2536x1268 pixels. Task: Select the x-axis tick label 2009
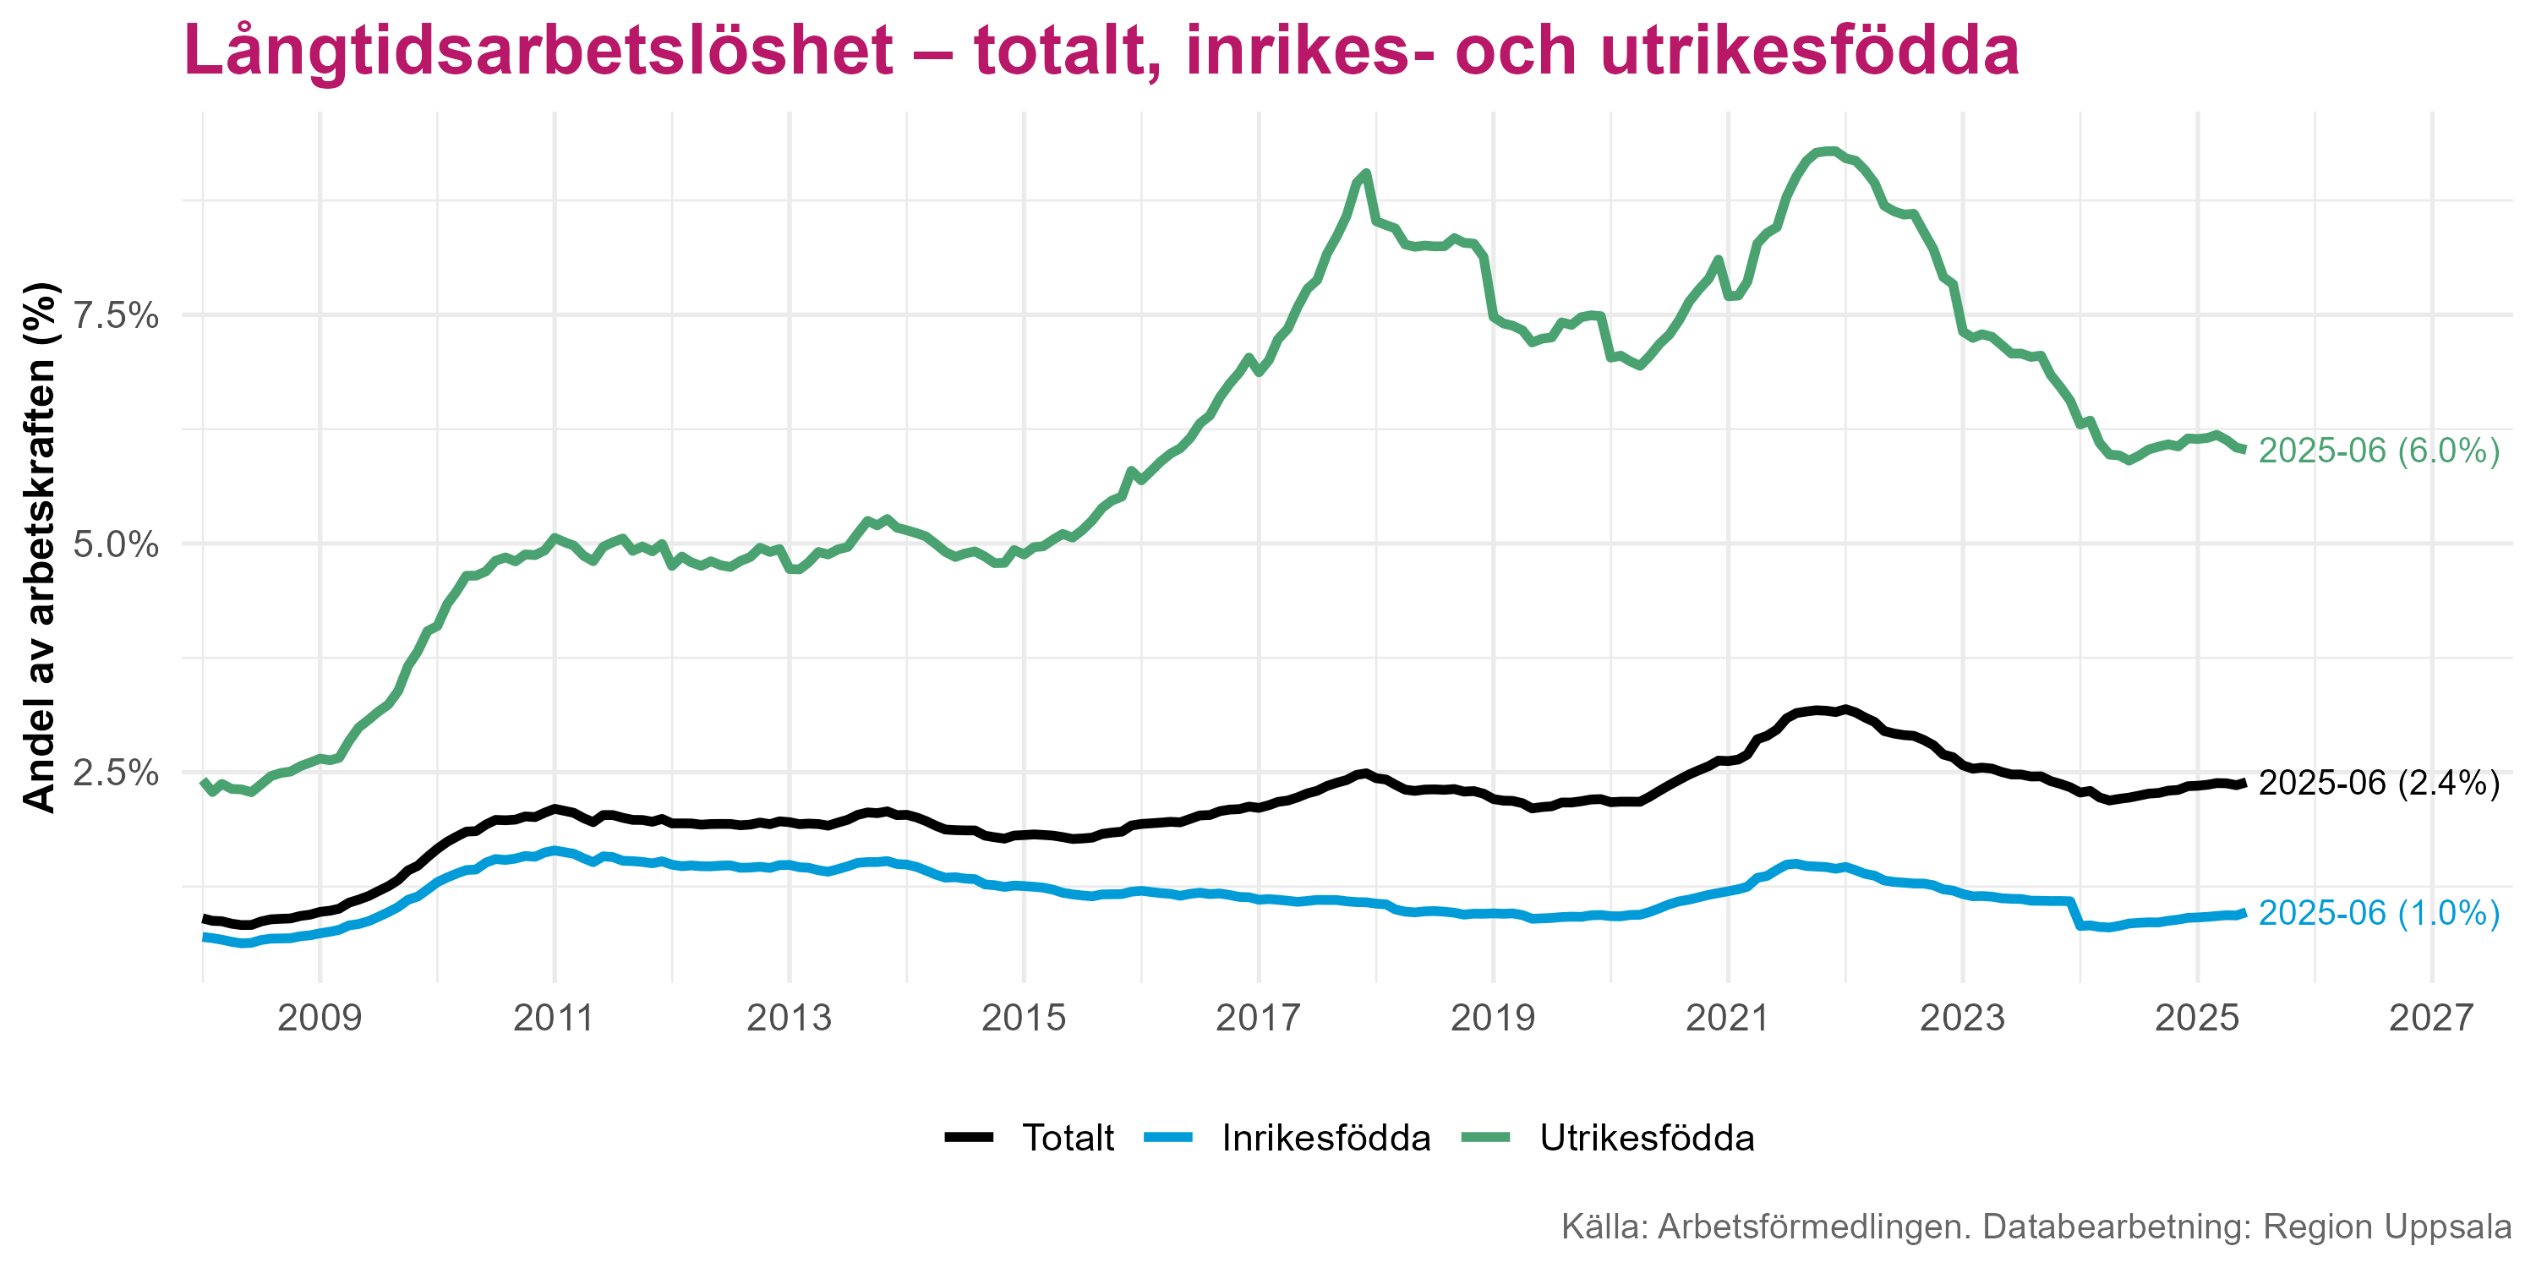[320, 1017]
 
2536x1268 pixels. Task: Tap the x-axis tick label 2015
[1024, 1017]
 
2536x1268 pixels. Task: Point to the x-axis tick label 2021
[1728, 1017]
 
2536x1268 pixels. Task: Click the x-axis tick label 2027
[2432, 1017]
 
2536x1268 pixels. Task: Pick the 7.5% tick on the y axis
[115, 315]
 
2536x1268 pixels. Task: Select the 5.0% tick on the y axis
[115, 544]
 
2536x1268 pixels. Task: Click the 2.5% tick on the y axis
[115, 772]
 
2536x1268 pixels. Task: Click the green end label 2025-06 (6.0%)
[2379, 451]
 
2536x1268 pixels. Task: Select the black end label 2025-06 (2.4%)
[2379, 783]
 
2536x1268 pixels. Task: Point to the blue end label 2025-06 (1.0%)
[2379, 914]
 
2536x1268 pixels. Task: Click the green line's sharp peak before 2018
[1366, 173]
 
